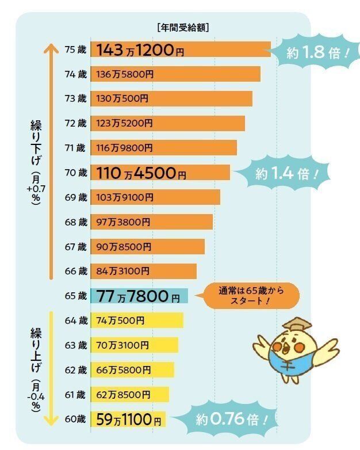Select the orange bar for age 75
coord(180,49)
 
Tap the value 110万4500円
coord(141,173)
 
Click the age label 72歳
coord(75,123)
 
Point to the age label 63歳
coord(75,345)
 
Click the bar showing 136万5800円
coord(175,74)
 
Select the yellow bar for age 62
coord(132,370)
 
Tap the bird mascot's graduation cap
coord(297,325)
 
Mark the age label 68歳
coord(75,222)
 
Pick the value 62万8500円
coord(123,395)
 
